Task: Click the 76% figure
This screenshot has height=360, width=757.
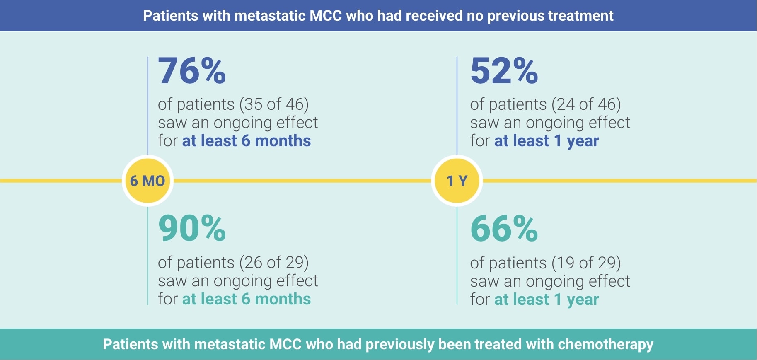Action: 192,71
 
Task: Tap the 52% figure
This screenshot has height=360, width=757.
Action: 504,71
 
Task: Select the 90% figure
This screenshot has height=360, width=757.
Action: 192,229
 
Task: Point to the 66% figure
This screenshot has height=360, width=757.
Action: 504,229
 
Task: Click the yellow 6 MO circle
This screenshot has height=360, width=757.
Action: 148,181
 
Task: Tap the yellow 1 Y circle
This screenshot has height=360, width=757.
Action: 457,181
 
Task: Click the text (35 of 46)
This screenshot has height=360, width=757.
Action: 274,104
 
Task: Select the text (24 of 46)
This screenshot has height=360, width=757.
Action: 586,104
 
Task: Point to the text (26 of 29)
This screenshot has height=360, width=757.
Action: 274,263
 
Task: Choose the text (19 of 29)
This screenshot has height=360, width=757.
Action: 586,263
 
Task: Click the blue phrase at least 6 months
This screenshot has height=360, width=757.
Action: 247,141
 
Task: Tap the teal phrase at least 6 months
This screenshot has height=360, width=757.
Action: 247,299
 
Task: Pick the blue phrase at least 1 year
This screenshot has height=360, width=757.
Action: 547,141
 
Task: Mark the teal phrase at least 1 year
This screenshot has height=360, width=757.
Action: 547,300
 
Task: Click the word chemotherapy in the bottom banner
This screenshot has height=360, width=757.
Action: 605,344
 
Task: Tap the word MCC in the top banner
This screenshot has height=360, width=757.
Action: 326,16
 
